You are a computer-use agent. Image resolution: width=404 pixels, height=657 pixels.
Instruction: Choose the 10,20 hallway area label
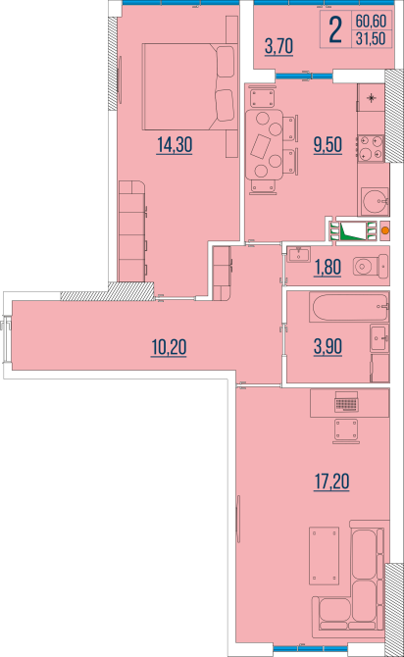pyautogui.click(x=169, y=345)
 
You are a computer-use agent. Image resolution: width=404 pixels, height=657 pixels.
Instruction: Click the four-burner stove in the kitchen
pyautogui.click(x=371, y=148)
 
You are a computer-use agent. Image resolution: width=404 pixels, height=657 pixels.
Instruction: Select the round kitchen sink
pyautogui.click(x=372, y=201)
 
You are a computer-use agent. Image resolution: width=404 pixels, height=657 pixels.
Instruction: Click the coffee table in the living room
pyautogui.click(x=325, y=556)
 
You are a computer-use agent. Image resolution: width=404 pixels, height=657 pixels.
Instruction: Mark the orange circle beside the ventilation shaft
pyautogui.click(x=384, y=232)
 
